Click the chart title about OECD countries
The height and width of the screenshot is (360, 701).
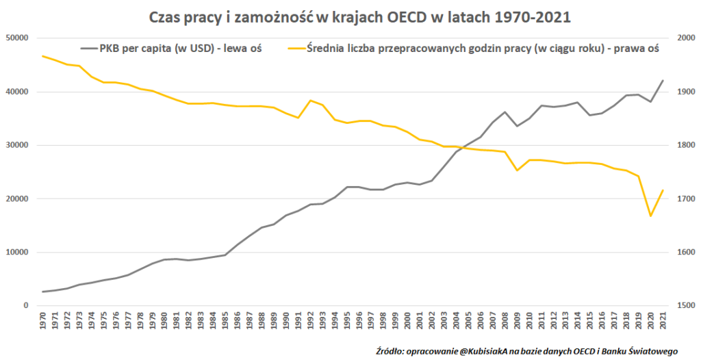350,17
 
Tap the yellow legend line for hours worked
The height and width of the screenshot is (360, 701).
296,49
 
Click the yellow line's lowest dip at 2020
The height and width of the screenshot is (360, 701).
650,216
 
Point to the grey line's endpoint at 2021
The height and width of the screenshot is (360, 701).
663,81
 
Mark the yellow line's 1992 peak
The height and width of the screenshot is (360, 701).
311,101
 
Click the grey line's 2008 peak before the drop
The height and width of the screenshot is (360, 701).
505,112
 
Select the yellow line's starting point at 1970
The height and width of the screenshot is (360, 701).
44,56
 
